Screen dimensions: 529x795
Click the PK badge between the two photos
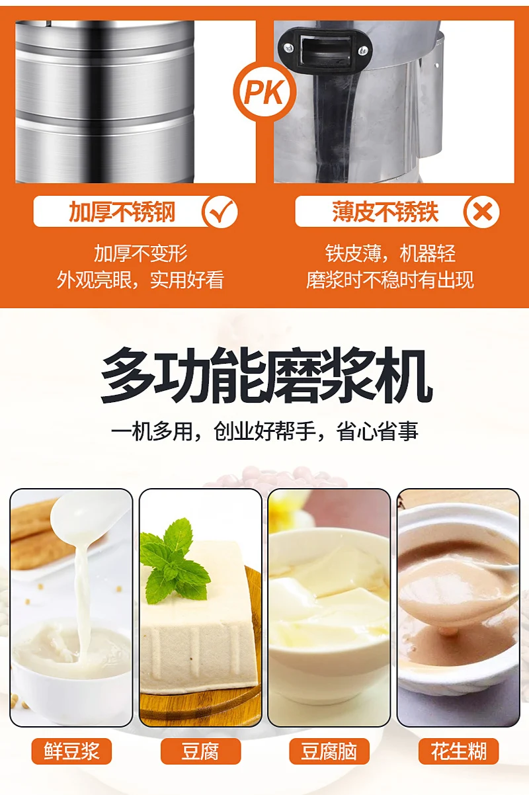click(264, 93)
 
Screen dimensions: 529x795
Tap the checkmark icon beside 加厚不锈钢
click(220, 212)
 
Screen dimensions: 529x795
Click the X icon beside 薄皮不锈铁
click(482, 212)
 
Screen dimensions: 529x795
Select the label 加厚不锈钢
click(122, 212)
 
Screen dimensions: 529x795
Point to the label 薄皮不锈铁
click(385, 212)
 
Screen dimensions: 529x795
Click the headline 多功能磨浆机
click(266, 376)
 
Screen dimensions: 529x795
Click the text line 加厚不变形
click(141, 253)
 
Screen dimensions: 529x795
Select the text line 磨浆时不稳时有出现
click(390, 280)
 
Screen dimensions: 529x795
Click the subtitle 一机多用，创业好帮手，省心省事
click(264, 432)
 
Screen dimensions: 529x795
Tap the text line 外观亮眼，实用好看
click(140, 280)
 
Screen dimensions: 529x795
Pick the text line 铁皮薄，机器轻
click(390, 253)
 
